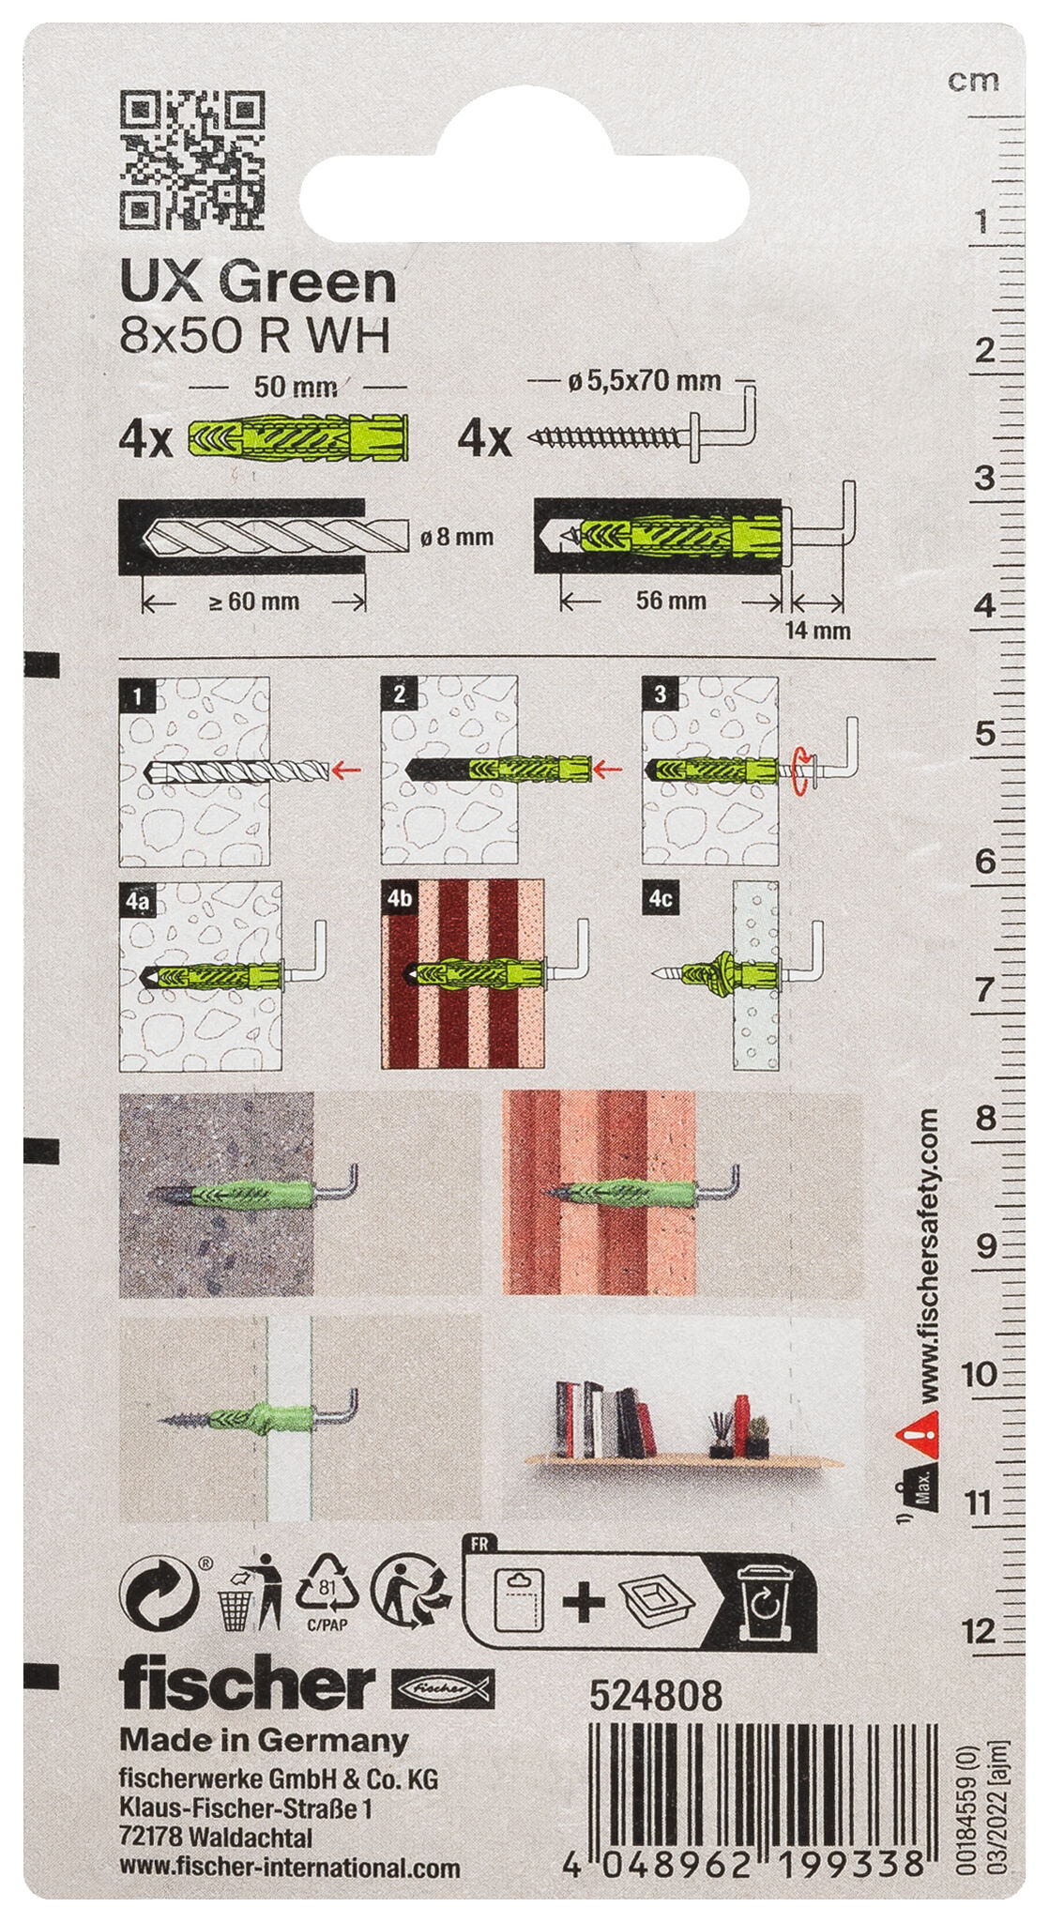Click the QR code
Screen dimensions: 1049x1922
(192, 160)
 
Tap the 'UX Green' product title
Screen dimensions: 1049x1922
(258, 282)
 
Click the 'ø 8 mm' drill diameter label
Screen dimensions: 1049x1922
(457, 538)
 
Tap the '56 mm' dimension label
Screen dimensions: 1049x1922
(671, 600)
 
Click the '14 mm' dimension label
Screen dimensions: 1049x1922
(817, 631)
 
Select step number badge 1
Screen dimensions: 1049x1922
(139, 695)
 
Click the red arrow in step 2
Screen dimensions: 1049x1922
(610, 770)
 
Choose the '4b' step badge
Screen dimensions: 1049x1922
(400, 898)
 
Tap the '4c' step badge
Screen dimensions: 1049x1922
(661, 898)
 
